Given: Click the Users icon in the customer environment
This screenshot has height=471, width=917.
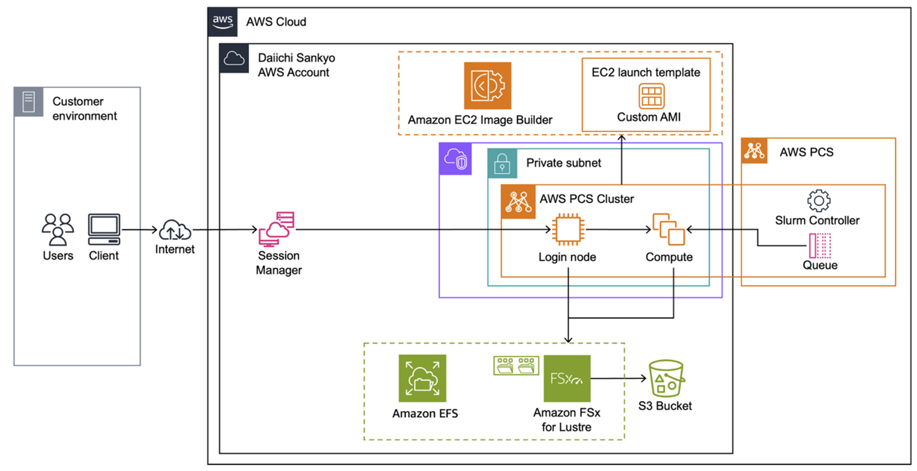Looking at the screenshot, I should [x=57, y=229].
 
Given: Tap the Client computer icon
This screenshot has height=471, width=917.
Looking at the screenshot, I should [x=104, y=229].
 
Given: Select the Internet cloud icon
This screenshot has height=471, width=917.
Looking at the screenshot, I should [x=175, y=230].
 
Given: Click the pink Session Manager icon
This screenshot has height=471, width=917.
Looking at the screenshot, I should [x=277, y=229].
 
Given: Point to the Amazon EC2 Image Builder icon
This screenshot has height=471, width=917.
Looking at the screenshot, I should [x=487, y=86].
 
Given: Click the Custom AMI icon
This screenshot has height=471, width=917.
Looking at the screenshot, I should [x=651, y=96].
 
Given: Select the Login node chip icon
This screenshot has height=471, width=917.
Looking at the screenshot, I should [x=568, y=229].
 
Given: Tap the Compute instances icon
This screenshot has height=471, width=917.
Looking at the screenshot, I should [x=668, y=229].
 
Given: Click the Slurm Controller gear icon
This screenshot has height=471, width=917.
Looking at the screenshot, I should [x=818, y=201].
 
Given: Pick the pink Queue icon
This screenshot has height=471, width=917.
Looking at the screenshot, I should [x=820, y=245].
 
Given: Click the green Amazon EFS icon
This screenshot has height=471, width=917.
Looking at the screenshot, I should [x=422, y=378].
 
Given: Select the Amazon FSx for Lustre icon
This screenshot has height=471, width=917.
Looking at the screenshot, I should [x=567, y=378].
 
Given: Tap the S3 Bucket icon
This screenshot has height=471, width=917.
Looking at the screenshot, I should [x=666, y=378].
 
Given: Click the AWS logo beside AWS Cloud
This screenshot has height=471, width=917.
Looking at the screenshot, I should [x=223, y=22].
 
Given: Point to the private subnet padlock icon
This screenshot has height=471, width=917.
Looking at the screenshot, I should [x=502, y=163].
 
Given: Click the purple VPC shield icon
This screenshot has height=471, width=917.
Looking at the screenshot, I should [x=455, y=159].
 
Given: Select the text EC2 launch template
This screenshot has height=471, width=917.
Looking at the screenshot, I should [x=645, y=72].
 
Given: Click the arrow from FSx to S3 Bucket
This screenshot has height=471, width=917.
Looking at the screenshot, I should [x=618, y=378].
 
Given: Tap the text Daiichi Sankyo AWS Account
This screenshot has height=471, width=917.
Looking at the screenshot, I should [x=296, y=65].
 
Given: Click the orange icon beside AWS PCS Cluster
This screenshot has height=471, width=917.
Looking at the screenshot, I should [x=518, y=202].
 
